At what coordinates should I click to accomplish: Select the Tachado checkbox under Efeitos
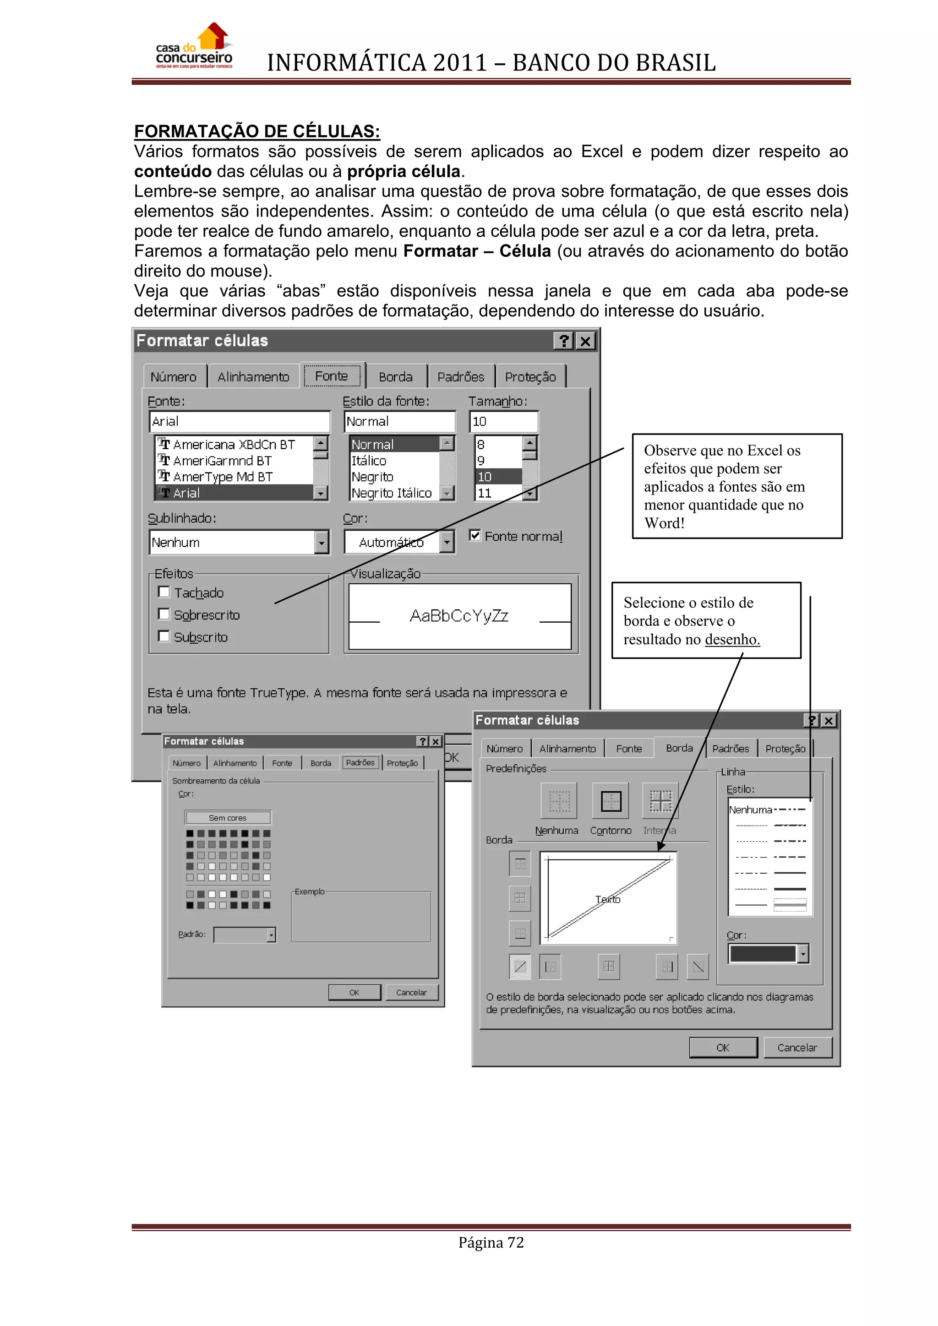[x=164, y=592]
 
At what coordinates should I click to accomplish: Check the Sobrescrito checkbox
[x=164, y=614]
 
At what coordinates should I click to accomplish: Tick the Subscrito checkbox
[x=164, y=636]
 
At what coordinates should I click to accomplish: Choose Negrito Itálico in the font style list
[x=392, y=493]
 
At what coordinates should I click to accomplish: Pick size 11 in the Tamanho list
[x=485, y=493]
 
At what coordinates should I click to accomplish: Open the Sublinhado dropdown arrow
[x=322, y=542]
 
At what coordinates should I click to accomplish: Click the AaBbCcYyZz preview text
[x=459, y=616]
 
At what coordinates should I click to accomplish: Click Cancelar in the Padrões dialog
[x=411, y=992]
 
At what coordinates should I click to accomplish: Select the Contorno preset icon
[x=611, y=801]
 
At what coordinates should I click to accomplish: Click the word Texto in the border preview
[x=608, y=899]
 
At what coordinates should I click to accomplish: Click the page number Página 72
[x=491, y=1243]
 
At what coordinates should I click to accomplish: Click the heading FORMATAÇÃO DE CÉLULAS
[x=257, y=131]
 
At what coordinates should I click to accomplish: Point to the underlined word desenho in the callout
[x=732, y=639]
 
